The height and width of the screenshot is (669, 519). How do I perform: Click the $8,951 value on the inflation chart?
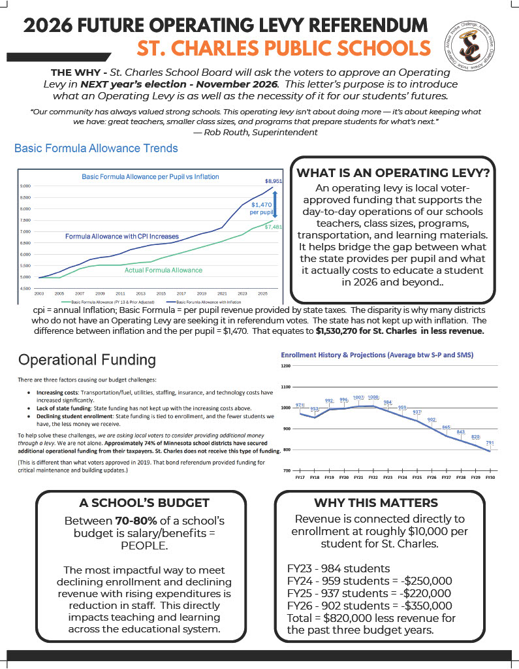[x=274, y=180]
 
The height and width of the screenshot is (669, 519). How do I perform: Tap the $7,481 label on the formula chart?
[x=274, y=227]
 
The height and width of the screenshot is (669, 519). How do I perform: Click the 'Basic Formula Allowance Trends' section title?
[x=96, y=149]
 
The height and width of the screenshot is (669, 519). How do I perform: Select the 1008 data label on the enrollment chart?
[x=373, y=397]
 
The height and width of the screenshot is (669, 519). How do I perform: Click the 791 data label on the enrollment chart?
[x=490, y=443]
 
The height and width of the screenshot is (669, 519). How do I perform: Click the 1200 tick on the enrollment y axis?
[x=286, y=366]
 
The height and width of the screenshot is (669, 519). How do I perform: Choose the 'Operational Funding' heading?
[x=87, y=360]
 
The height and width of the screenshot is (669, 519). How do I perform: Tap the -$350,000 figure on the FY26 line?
[x=422, y=606]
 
